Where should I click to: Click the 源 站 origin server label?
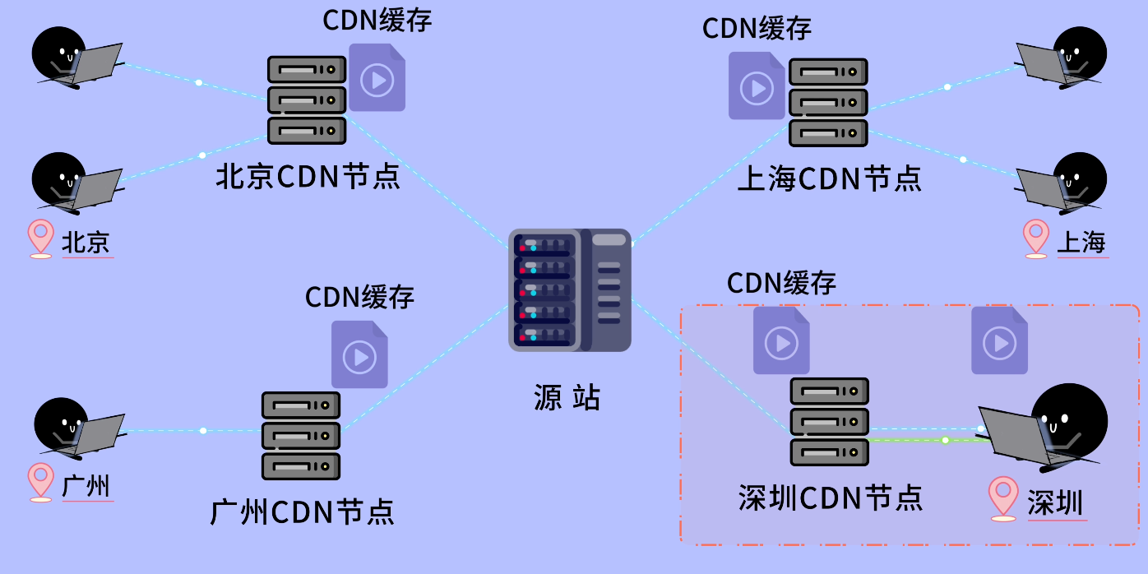tap(567, 397)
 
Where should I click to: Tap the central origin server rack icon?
tap(569, 289)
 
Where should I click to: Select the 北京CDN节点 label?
tap(308, 176)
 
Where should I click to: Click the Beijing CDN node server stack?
tap(307, 100)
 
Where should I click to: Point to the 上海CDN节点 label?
tap(829, 178)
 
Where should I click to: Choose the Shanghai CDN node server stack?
tap(828, 102)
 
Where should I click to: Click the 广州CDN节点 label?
tap(303, 512)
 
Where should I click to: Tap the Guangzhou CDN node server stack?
tap(301, 436)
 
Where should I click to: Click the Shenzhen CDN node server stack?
tap(830, 422)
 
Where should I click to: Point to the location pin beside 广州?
tap(40, 482)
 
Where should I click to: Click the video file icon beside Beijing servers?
tap(377, 78)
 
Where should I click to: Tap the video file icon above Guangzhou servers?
tap(359, 354)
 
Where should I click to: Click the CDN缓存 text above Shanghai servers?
tap(757, 28)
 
